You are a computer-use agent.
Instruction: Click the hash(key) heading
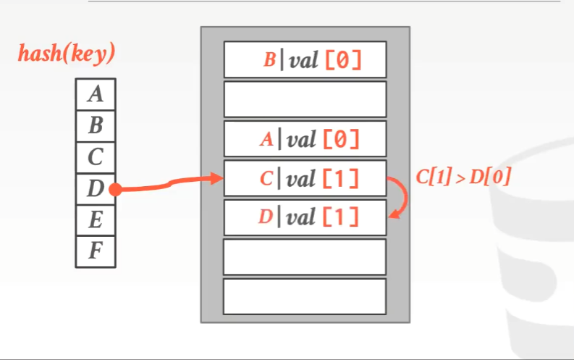coord(67,53)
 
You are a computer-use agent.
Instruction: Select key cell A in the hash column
coord(95,94)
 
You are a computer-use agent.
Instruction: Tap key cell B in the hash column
coord(95,126)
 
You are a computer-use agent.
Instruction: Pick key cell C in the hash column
coord(95,157)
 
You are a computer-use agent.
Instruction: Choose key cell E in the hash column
coord(95,220)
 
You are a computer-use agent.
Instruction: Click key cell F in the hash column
coord(95,251)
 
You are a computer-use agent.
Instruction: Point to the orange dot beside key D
coord(116,190)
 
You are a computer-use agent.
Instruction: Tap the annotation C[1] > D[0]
coord(463,177)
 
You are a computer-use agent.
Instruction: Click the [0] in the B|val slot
coord(342,60)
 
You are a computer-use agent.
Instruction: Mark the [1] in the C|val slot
coord(340,178)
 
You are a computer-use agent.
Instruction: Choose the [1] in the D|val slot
coord(340,217)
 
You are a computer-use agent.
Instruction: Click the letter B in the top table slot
coord(269,60)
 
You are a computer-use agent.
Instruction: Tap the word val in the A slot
coord(301,139)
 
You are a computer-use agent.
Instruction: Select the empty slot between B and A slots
coord(305,99)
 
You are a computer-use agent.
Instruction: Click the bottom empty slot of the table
coord(305,296)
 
